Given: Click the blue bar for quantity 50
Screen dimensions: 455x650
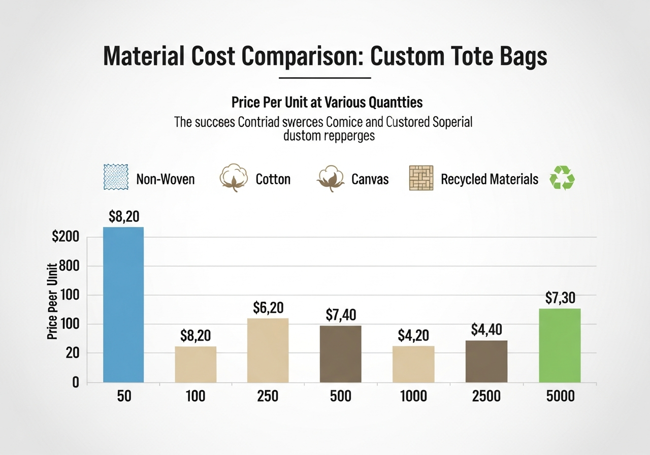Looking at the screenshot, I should (123, 304).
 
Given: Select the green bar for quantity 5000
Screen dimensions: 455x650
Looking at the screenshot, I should (560, 345).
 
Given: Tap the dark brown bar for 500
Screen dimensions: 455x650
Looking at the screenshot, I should (340, 353).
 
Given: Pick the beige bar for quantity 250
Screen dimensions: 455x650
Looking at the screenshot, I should (268, 350).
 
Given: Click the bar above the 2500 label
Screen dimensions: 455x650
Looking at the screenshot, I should (486, 361).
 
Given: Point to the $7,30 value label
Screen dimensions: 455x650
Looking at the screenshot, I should (560, 298).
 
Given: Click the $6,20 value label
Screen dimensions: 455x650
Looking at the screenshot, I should (268, 308).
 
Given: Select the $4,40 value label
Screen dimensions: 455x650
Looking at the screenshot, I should (486, 330).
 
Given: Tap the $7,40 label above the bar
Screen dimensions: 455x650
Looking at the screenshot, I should (340, 315).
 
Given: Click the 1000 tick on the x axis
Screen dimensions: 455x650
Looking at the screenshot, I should (413, 396).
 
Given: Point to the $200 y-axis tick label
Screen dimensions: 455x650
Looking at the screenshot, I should (66, 237).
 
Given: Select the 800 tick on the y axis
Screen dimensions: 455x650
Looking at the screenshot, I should (70, 266).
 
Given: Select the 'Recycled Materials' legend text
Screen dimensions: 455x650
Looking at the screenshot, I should (489, 179).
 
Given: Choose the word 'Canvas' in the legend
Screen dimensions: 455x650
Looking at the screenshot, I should (370, 179).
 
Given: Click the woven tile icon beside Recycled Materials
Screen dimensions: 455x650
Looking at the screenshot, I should (421, 178).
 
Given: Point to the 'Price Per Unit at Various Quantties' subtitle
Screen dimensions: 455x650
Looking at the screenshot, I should (327, 102).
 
